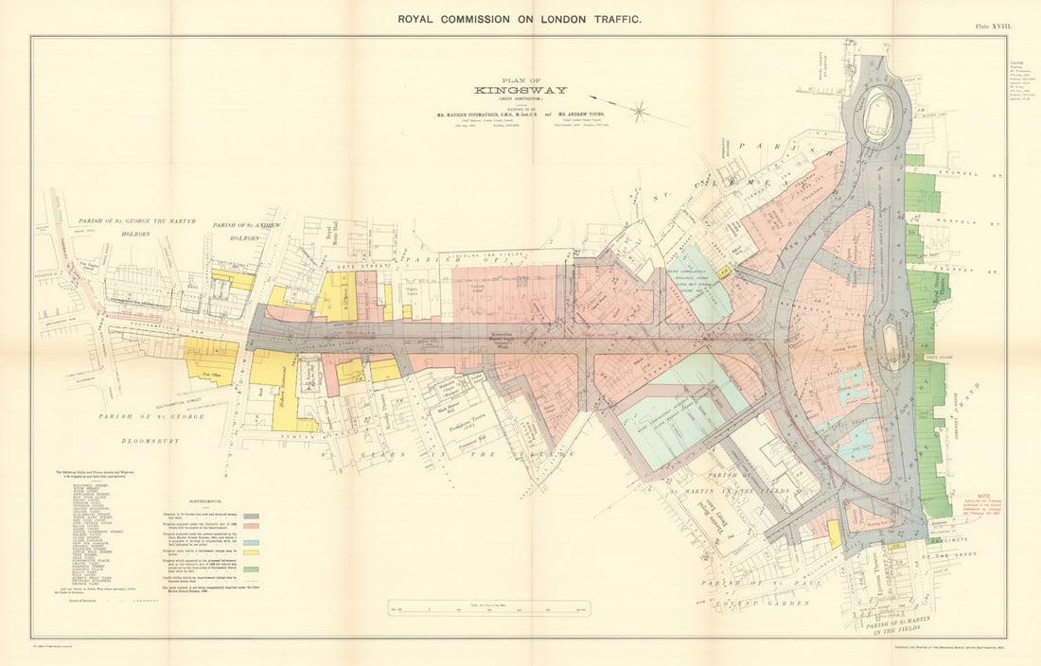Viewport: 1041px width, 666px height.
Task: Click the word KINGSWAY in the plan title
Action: click(x=521, y=91)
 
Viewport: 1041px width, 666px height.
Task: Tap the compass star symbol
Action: click(x=640, y=112)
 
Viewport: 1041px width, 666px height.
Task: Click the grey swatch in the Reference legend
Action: click(x=251, y=517)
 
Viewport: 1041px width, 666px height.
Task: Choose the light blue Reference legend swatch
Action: click(x=251, y=543)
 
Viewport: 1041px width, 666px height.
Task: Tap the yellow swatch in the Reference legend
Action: click(x=251, y=556)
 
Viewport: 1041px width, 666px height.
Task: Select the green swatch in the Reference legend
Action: click(x=251, y=570)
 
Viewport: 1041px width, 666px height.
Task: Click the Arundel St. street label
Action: click(x=984, y=174)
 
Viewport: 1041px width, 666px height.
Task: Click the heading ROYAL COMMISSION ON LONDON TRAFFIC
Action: click(x=520, y=19)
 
